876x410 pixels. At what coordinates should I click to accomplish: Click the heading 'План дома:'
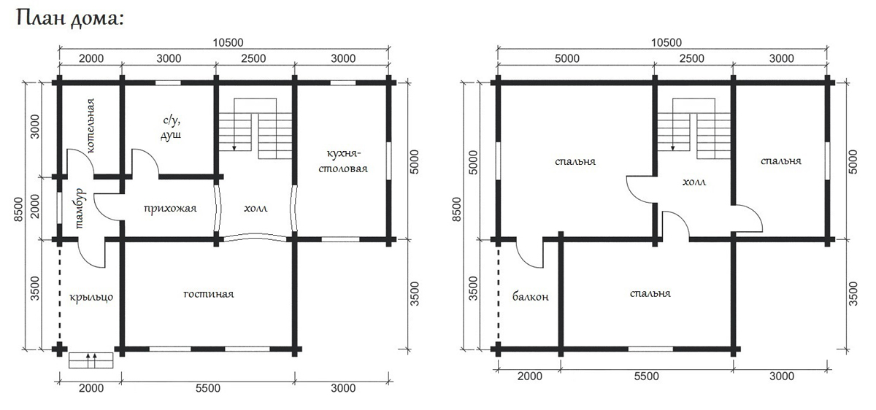[70, 18]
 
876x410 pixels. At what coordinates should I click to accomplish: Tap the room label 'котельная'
[91, 126]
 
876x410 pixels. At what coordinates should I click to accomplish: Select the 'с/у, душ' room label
[171, 128]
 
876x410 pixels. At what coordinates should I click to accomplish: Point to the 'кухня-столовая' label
[343, 161]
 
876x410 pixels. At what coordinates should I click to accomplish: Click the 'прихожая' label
[170, 209]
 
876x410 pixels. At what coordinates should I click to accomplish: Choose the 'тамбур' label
[80, 209]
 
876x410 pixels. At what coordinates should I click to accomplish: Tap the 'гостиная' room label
[209, 293]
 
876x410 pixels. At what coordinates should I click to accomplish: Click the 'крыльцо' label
[91, 298]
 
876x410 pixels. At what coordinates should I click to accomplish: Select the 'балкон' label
[530, 297]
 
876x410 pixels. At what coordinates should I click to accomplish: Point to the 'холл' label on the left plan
[255, 209]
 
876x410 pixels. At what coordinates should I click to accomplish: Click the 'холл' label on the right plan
[694, 182]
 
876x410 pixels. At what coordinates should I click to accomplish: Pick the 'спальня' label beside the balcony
[650, 293]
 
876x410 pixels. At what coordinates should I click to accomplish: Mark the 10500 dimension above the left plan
[228, 42]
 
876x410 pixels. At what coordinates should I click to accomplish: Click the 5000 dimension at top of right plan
[567, 58]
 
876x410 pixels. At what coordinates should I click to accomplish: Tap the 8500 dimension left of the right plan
[456, 209]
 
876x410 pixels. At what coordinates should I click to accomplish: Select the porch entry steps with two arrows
[91, 360]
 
